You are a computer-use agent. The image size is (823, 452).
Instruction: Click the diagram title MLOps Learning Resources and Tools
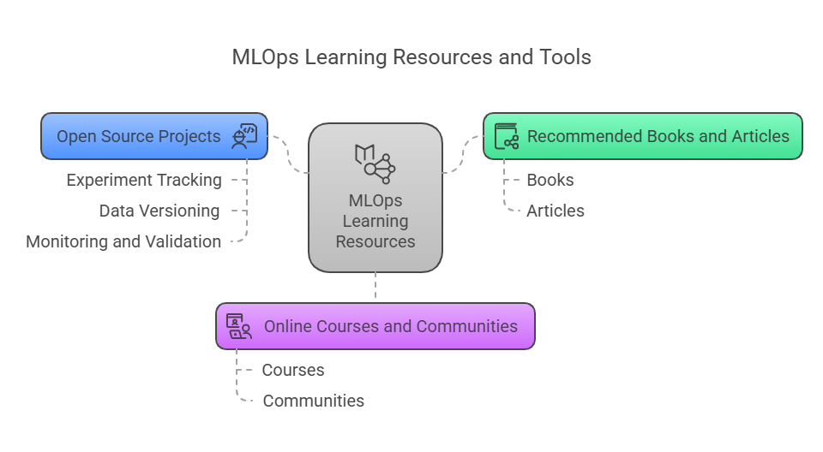click(411, 57)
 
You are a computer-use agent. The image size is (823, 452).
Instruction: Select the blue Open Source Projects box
click(154, 136)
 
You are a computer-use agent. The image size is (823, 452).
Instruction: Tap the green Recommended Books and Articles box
click(642, 136)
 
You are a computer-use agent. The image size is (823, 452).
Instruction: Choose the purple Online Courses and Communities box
click(375, 326)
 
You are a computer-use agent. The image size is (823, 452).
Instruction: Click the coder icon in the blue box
click(244, 136)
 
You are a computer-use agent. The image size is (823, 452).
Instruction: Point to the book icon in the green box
click(507, 136)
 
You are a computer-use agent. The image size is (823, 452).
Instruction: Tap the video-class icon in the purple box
click(239, 326)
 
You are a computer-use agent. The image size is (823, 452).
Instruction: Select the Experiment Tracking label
click(144, 180)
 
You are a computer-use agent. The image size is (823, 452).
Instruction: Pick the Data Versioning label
click(159, 211)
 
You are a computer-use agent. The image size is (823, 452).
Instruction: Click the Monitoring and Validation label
click(123, 241)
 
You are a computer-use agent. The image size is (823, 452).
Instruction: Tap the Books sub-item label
click(550, 180)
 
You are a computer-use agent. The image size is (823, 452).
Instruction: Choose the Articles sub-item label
click(556, 211)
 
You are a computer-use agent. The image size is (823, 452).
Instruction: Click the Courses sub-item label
click(293, 370)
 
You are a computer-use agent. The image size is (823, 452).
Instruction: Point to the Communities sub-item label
click(314, 401)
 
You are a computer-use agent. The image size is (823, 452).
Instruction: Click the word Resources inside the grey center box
click(375, 241)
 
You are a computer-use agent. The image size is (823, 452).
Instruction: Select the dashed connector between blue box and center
click(288, 154)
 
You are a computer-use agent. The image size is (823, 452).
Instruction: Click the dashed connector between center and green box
click(462, 154)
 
